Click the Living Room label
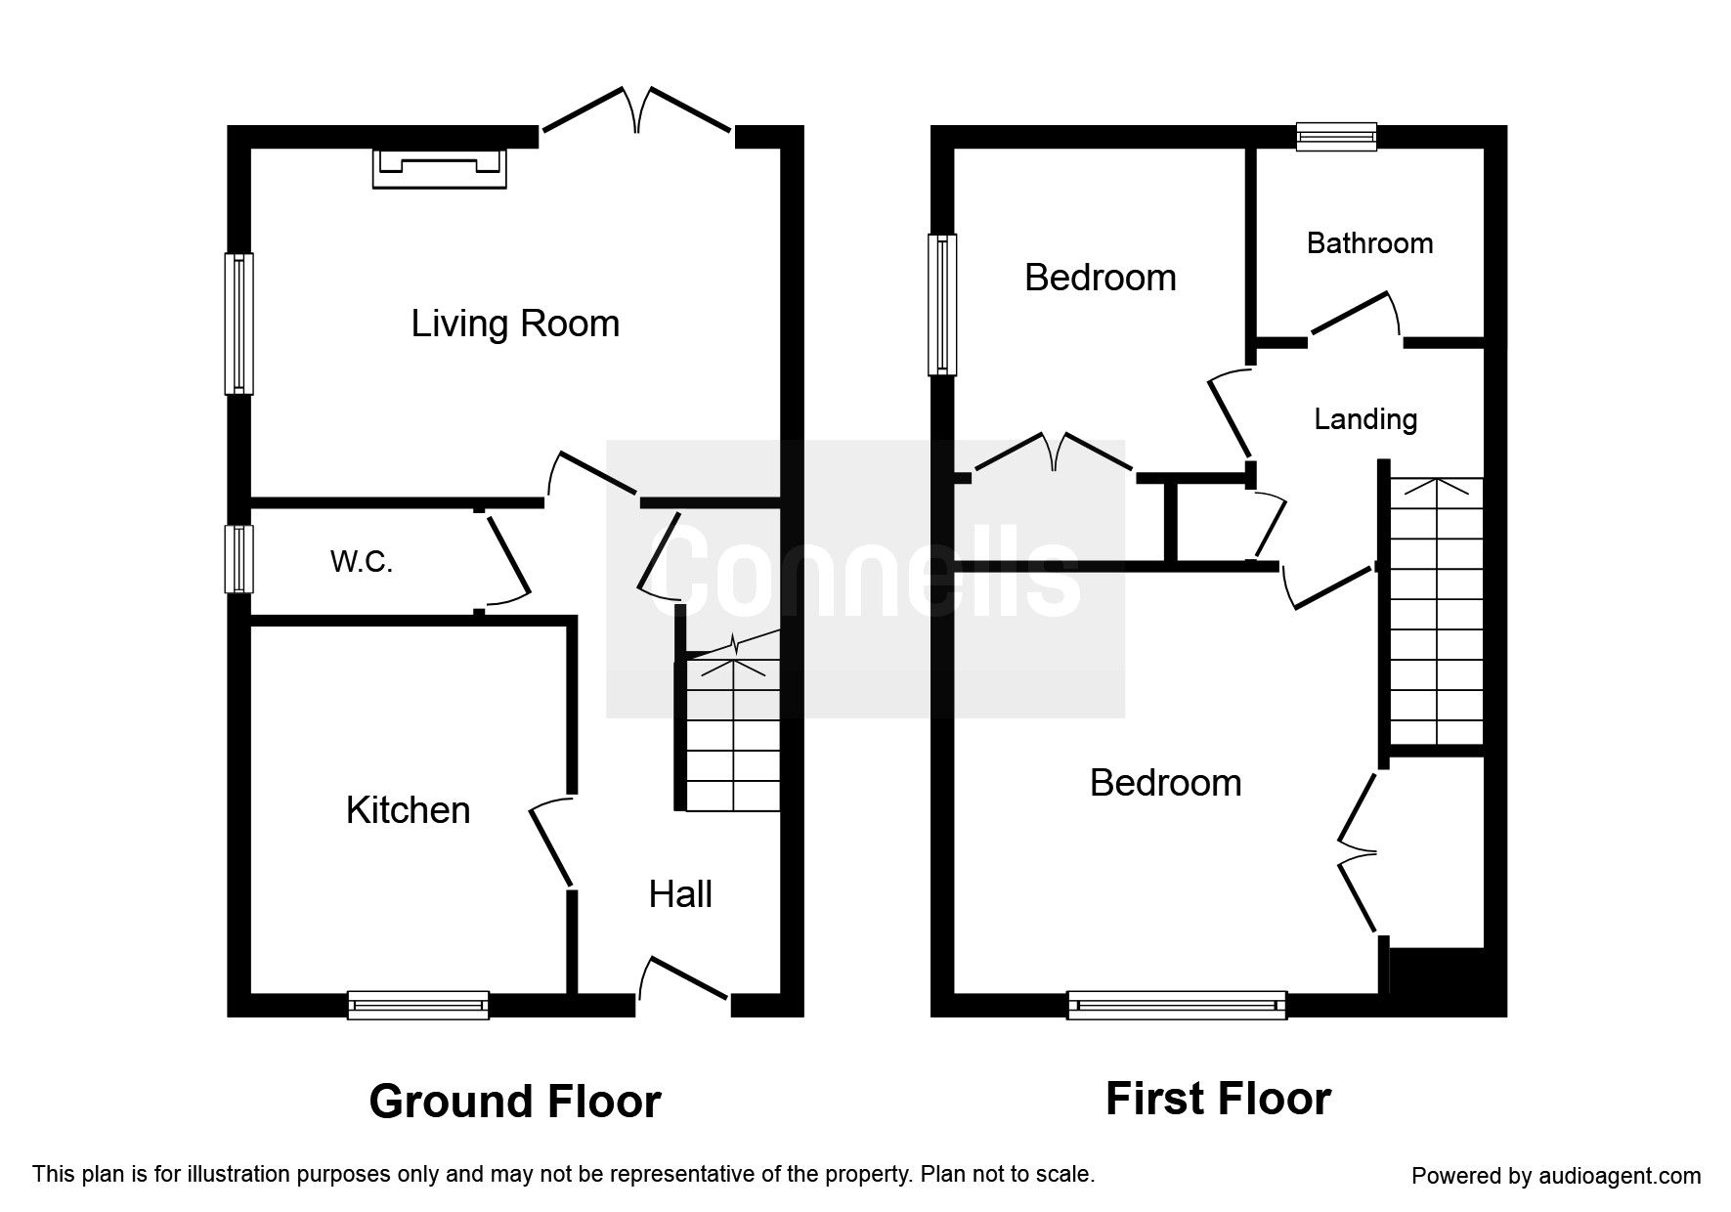(x=515, y=324)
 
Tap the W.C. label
(x=362, y=561)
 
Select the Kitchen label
(x=408, y=810)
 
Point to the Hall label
(x=680, y=894)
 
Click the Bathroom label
(x=1369, y=243)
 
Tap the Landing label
(x=1364, y=419)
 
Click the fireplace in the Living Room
(x=439, y=167)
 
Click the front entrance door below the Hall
(x=683, y=980)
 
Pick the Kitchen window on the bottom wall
(x=418, y=1005)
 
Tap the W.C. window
(x=238, y=559)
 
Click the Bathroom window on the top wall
(x=1336, y=136)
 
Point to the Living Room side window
(x=238, y=324)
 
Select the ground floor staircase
(x=733, y=733)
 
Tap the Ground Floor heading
(x=515, y=1102)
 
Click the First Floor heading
(x=1218, y=1099)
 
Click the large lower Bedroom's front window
(x=1177, y=1005)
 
